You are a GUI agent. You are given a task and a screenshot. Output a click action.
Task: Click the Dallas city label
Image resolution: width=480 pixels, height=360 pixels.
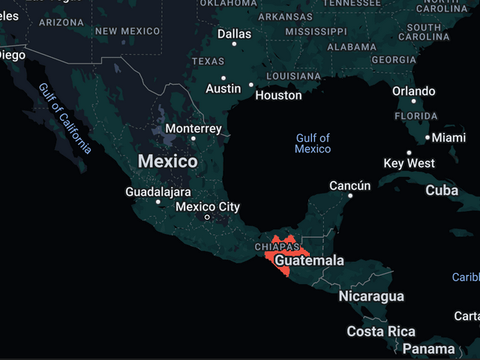[234, 34]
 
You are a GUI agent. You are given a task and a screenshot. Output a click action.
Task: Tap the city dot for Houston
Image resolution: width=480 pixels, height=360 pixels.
[251, 84]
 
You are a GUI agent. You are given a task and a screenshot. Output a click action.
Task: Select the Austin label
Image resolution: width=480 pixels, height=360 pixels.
[223, 88]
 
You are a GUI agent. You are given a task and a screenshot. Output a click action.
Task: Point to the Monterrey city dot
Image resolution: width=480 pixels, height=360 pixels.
[193, 138]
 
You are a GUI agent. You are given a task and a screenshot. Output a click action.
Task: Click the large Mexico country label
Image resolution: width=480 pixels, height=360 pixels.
[168, 161]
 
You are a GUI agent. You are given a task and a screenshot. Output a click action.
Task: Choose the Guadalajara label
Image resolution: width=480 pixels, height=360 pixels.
[157, 192]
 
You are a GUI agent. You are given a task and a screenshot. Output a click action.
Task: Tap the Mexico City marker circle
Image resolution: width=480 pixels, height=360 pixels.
[207, 217]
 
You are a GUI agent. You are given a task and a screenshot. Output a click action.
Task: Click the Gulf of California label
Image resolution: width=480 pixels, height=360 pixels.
[65, 118]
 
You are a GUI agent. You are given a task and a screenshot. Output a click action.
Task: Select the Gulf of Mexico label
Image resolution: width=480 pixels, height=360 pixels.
[313, 143]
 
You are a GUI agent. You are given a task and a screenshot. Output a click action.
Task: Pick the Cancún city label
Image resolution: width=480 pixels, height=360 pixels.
[349, 185]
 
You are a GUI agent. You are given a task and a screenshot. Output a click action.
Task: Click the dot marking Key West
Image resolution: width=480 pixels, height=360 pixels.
[409, 153]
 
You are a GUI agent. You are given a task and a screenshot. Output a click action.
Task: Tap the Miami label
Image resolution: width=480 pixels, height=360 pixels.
[448, 138]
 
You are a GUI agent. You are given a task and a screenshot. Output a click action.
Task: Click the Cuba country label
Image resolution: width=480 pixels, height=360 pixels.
[442, 190]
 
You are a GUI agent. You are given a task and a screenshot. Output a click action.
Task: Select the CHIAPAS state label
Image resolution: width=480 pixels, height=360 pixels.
[277, 246]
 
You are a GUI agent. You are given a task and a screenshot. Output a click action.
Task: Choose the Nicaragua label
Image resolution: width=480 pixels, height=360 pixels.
[370, 296]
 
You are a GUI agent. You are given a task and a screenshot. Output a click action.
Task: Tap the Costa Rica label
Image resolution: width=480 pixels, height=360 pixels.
[380, 331]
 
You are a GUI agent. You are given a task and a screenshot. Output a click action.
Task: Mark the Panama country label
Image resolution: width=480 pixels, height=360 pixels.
[428, 349]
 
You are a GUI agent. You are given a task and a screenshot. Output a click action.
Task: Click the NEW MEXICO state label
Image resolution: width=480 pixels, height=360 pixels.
[127, 31]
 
